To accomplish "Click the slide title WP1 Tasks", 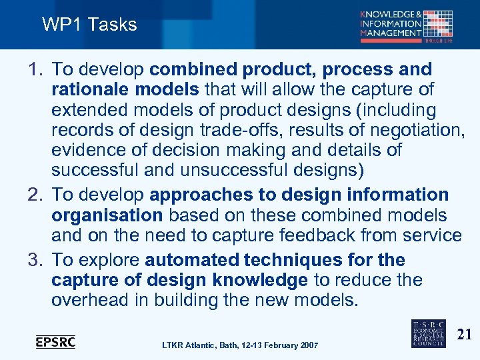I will point(89,25).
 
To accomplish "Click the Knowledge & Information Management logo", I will point(407,25).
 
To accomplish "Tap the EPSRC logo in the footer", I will point(55,341).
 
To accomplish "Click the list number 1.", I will point(35,69).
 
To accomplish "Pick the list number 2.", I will point(35,195).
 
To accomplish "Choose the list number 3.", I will point(35,259).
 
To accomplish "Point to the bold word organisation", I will point(107,215).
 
